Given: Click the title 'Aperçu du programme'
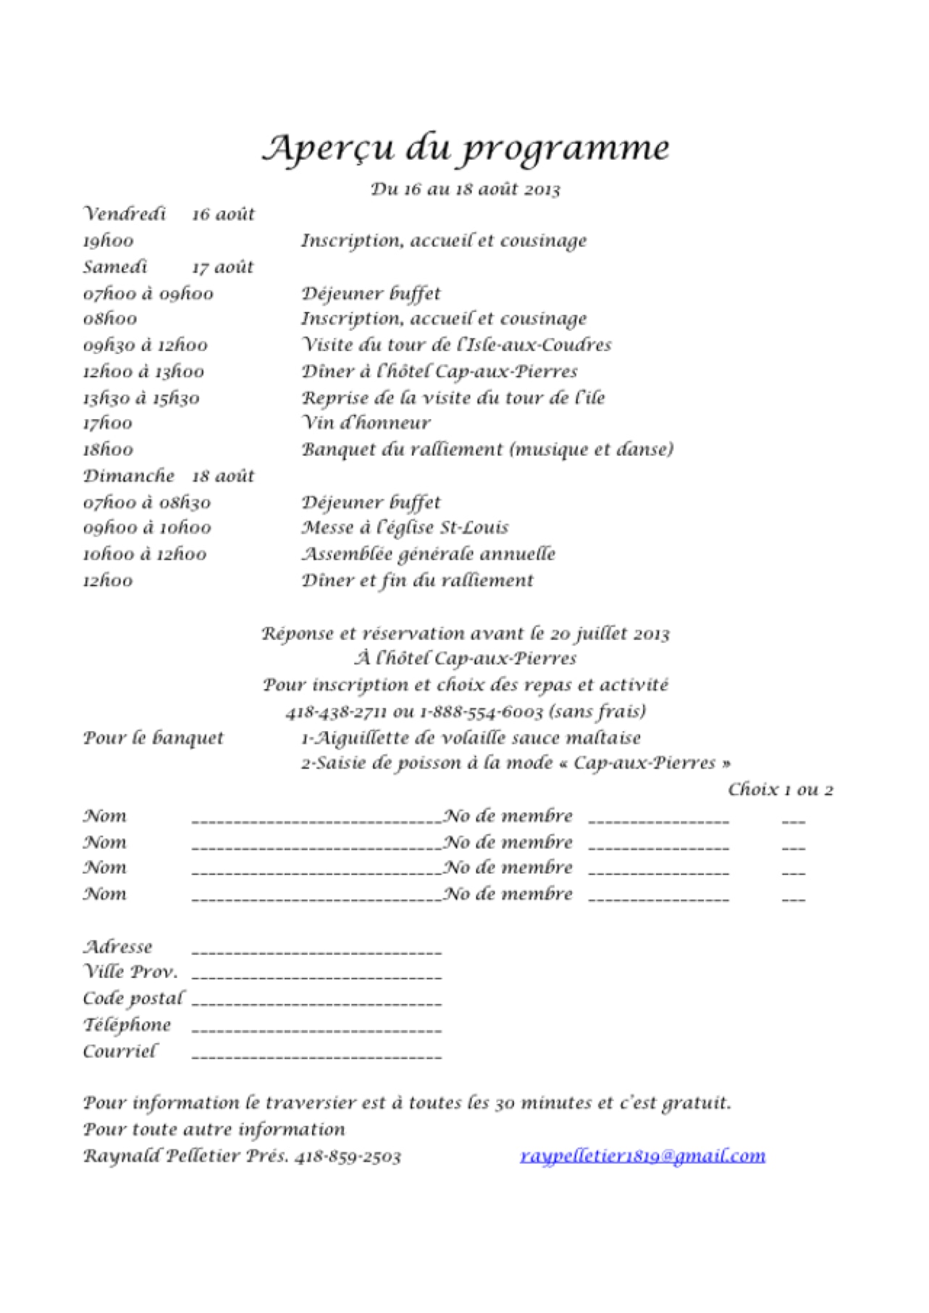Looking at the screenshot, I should pos(465,148).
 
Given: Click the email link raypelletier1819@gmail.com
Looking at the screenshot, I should pos(642,1156).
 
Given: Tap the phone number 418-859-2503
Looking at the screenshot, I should pos(348,1157).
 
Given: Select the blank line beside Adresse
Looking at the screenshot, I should pos(316,950).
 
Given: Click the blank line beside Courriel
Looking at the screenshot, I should pos(316,1055).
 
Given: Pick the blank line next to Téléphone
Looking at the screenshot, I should pos(316,1029).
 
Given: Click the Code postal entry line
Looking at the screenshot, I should pos(316,1002).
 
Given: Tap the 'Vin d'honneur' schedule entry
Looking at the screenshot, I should pos(366,423).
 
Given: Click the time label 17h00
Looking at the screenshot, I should pos(108,423).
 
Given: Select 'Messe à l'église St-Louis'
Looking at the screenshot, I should pos(405,528).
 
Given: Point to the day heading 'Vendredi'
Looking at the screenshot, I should pos(125,214).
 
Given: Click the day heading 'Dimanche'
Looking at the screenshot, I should pos(129,476).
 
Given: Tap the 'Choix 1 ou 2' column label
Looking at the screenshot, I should pos(780,790).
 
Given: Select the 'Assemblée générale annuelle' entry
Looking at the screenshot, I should pos(428,554).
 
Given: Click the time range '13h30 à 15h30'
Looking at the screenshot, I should pos(141,398).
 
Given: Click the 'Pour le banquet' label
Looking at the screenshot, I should pos(153,738).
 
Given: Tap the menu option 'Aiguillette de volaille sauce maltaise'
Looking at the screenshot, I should pos(471,738).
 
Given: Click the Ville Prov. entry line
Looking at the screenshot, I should pos(316,976).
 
